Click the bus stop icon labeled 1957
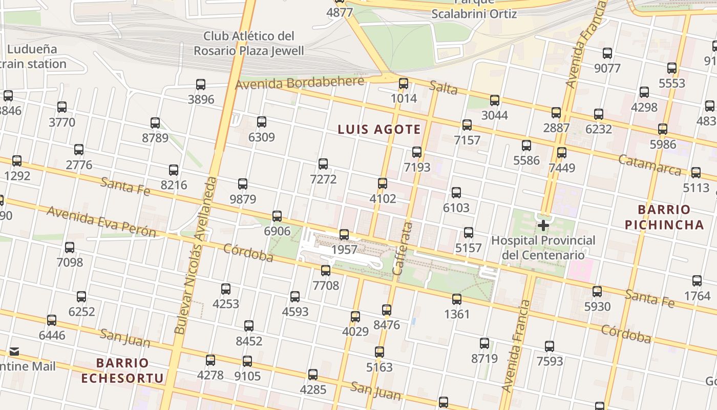pyautogui.click(x=344, y=235)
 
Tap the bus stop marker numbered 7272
pyautogui.click(x=323, y=164)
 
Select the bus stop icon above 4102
pyautogui.click(x=382, y=183)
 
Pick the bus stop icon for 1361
pyautogui.click(x=457, y=299)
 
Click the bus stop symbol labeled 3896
pyautogui.click(x=201, y=85)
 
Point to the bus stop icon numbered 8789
pyautogui.click(x=155, y=123)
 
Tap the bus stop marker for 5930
pyautogui.click(x=597, y=292)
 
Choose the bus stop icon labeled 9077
pyautogui.click(x=607, y=53)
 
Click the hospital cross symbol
pyautogui.click(x=543, y=225)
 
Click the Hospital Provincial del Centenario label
pyautogui.click(x=543, y=248)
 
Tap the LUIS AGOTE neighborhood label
pyautogui.click(x=379, y=130)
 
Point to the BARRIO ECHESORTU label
pyautogui.click(x=123, y=371)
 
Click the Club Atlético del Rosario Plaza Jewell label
pyautogui.click(x=249, y=43)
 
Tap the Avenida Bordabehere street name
pyautogui.click(x=300, y=83)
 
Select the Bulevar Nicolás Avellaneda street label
pyautogui.click(x=196, y=256)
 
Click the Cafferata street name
pyautogui.click(x=402, y=249)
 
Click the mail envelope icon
pyautogui.click(x=14, y=352)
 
